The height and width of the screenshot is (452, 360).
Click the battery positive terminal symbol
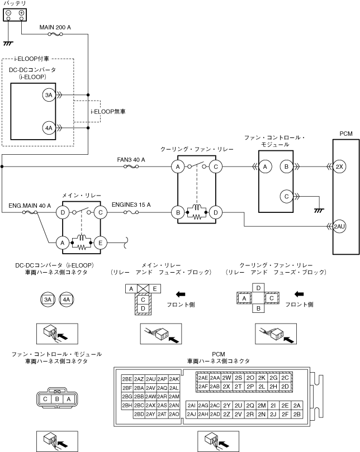tap(21, 13)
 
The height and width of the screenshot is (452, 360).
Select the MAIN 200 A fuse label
tap(55, 27)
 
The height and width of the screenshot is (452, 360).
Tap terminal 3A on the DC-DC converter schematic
tap(49, 95)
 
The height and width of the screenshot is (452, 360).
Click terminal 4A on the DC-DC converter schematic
tap(49, 128)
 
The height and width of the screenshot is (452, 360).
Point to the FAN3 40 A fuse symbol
tap(131, 166)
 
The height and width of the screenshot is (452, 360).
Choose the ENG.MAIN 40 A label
tap(30, 206)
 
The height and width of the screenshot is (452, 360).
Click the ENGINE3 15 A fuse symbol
tap(131, 212)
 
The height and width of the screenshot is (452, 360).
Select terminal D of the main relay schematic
tap(63, 212)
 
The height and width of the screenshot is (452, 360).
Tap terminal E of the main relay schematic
tap(100, 242)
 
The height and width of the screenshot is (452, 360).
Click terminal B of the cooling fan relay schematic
tap(178, 212)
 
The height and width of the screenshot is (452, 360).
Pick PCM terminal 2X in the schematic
tap(339, 166)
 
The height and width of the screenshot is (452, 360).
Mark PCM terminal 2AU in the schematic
tap(339, 226)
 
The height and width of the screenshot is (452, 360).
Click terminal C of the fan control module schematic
tap(286, 197)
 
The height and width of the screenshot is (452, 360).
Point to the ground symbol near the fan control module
tap(319, 211)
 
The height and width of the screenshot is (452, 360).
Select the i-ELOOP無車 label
tap(108, 112)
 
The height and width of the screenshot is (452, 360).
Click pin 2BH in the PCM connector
tap(127, 405)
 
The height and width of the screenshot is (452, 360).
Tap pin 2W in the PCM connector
tap(227, 378)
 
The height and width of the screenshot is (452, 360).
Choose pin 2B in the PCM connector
tap(297, 414)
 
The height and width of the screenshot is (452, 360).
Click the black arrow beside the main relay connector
tap(181, 294)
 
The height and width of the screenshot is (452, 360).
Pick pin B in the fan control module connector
tap(57, 399)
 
